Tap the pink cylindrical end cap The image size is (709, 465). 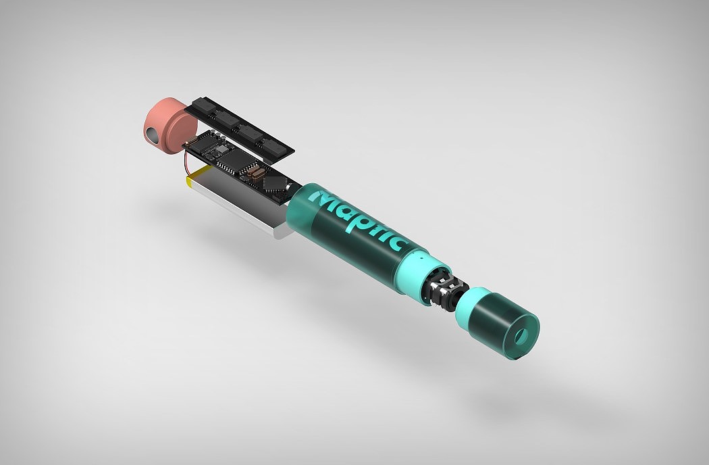tap(169, 126)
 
